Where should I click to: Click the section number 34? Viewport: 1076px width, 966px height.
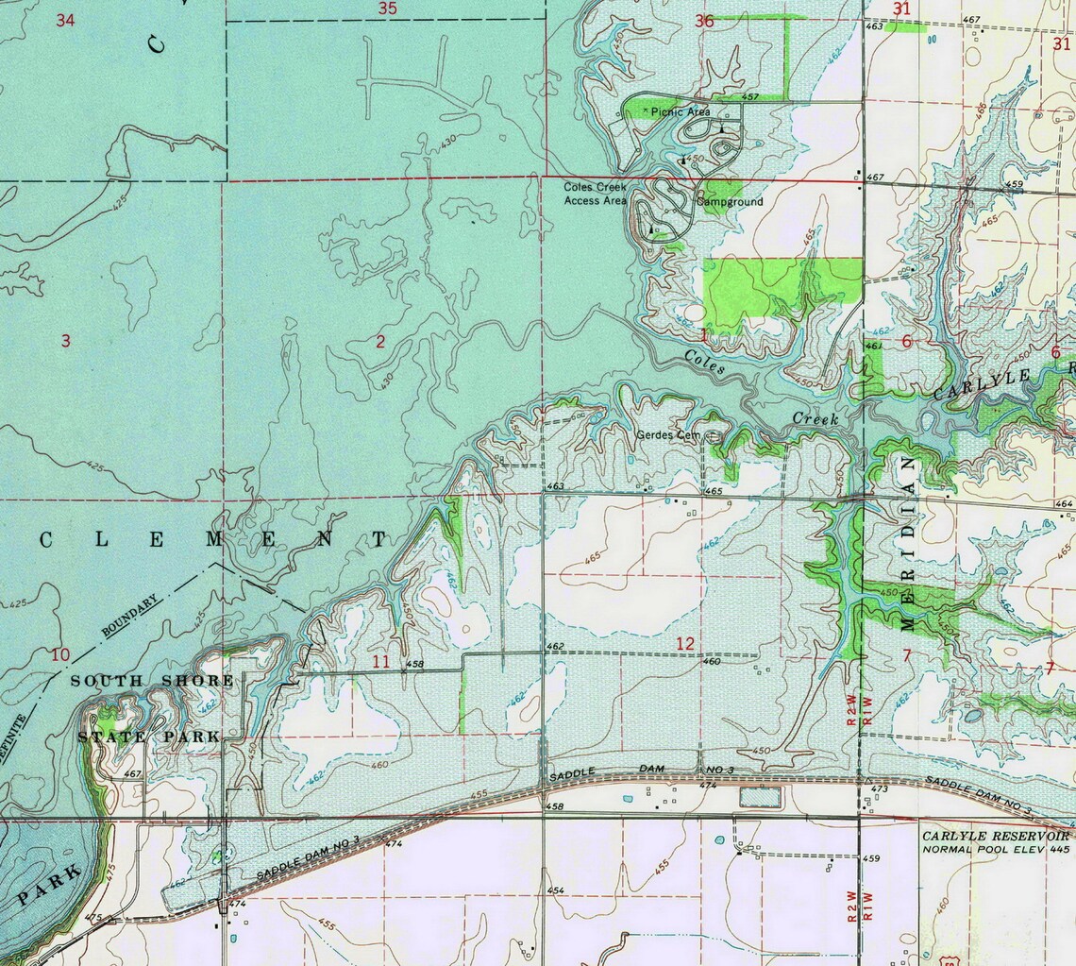[65, 20]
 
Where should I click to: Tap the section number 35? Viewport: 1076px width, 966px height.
[387, 8]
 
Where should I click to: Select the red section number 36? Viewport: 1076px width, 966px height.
[703, 21]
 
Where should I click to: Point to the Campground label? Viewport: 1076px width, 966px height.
[730, 202]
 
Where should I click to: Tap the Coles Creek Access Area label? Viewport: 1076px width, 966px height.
[595, 195]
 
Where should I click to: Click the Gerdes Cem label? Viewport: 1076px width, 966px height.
[668, 435]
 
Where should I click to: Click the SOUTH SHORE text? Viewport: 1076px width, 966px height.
[152, 681]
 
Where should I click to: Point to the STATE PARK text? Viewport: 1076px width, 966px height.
[149, 737]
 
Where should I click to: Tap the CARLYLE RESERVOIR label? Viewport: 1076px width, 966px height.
[996, 837]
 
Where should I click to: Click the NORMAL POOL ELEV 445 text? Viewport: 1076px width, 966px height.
[996, 849]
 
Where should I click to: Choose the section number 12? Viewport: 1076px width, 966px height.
[685, 644]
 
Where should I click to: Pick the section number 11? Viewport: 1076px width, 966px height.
[380, 662]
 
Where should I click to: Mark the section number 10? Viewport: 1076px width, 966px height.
[61, 655]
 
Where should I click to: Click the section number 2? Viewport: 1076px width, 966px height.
[380, 342]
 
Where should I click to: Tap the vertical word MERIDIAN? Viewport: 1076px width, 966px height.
[908, 543]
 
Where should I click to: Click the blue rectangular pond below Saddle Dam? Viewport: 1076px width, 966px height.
[761, 797]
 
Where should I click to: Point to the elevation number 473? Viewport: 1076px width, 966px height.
[879, 788]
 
